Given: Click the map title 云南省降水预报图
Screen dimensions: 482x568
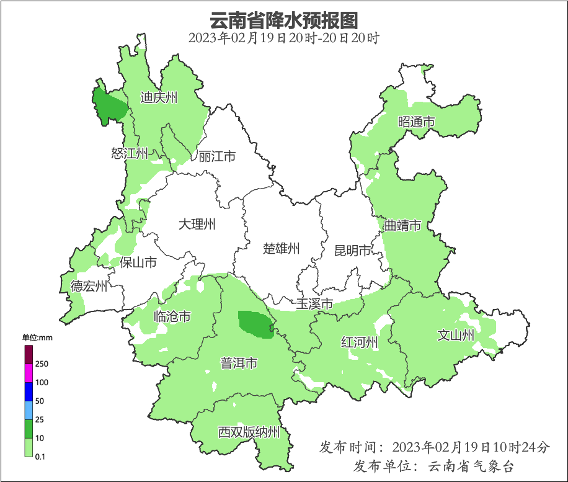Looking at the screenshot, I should [283, 20].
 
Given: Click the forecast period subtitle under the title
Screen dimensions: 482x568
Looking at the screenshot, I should [283, 38].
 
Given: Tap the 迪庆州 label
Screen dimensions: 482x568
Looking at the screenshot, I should [159, 97].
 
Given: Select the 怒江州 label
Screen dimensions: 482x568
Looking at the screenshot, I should [130, 153].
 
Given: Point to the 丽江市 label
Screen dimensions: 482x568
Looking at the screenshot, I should [217, 156].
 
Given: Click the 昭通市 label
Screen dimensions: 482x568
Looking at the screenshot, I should [416, 122].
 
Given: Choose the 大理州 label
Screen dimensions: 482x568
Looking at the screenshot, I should [197, 224].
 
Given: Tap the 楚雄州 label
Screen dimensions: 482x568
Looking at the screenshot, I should [281, 249].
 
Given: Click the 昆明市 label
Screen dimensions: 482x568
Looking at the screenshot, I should [352, 251].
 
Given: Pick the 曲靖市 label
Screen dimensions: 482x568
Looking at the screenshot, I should [402, 225].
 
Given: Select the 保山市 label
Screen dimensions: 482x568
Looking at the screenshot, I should [138, 262].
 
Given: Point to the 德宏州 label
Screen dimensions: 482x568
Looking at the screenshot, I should [89, 286].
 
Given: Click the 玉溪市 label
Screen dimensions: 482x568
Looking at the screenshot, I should [314, 304].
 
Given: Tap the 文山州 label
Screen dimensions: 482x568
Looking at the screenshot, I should [456, 336].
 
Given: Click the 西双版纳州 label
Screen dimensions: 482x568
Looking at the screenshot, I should [249, 432].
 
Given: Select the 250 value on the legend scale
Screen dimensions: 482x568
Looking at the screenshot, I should [42, 364].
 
